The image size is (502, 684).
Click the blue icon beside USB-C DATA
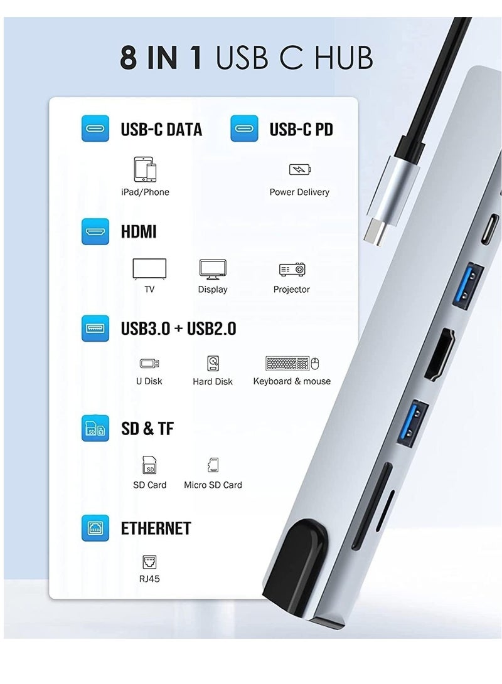pyautogui.click(x=95, y=129)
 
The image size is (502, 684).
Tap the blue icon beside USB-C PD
pyautogui.click(x=244, y=129)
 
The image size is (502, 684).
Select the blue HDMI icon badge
pyautogui.click(x=95, y=231)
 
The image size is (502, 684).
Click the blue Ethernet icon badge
pyautogui.click(x=95, y=528)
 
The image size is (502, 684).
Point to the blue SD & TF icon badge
pyautogui.click(x=95, y=428)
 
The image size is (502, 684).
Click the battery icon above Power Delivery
pyautogui.click(x=299, y=169)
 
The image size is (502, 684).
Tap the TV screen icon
pyautogui.click(x=149, y=269)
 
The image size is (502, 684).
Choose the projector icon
pyautogui.click(x=292, y=270)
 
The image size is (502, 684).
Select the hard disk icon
pyautogui.click(x=213, y=364)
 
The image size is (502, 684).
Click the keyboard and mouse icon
pyautogui.click(x=292, y=364)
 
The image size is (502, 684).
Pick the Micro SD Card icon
pyautogui.click(x=213, y=465)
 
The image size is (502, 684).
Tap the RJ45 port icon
pyautogui.click(x=149, y=561)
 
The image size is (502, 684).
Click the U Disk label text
pyautogui.click(x=149, y=381)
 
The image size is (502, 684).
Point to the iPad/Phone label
pyautogui.click(x=145, y=192)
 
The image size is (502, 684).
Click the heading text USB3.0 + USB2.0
pyautogui.click(x=178, y=328)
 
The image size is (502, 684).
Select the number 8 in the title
pyautogui.click(x=129, y=57)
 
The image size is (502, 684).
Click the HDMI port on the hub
pyautogui.click(x=439, y=354)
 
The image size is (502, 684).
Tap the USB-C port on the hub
pyautogui.click(x=489, y=231)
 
